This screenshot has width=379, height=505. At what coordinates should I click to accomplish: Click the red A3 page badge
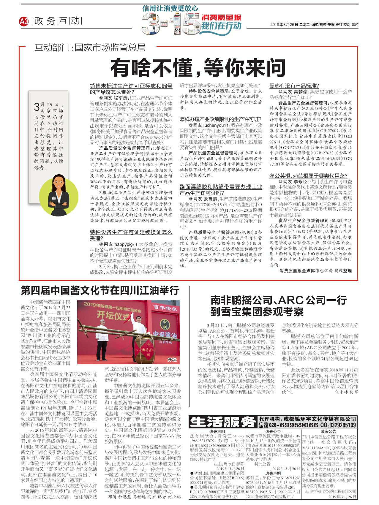click(x=24, y=21)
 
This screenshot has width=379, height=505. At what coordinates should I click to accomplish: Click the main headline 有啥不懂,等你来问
click(x=198, y=68)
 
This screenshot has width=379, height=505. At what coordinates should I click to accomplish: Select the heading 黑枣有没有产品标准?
click(x=294, y=86)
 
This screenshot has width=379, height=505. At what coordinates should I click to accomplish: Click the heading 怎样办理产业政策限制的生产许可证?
click(x=220, y=119)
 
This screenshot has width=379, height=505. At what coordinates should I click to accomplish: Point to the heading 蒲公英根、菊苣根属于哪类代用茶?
click(x=308, y=176)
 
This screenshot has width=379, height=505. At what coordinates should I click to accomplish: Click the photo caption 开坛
click(x=172, y=360)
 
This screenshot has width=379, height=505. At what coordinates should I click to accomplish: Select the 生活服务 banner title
click(x=223, y=422)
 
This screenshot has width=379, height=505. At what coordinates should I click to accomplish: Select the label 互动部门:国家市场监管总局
click(x=90, y=48)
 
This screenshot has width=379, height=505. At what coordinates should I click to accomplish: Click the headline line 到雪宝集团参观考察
click(x=257, y=312)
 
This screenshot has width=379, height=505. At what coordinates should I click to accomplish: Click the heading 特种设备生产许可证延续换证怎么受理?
click(x=131, y=235)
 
